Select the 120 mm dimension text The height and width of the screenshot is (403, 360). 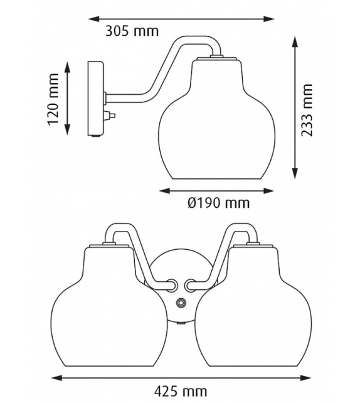click(x=53, y=99)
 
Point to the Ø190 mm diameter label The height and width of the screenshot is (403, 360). click(x=219, y=203)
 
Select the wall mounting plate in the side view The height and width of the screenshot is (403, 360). click(x=95, y=99)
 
